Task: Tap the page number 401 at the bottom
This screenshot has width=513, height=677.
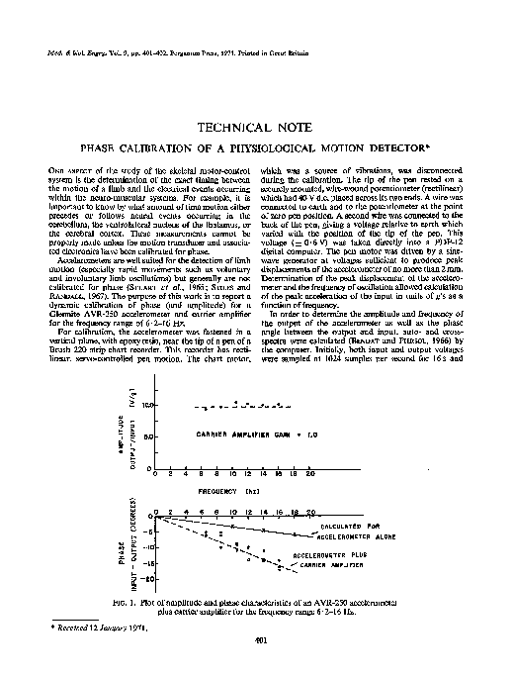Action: [x=256, y=641]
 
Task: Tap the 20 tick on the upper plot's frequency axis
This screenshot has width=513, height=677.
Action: [x=311, y=475]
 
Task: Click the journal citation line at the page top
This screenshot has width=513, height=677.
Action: [x=169, y=48]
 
